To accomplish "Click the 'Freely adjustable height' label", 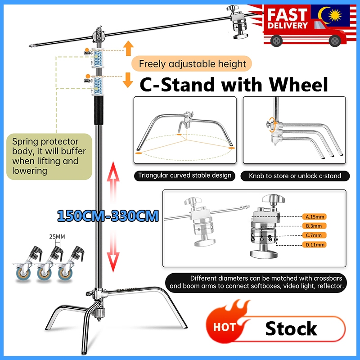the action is point(192,64).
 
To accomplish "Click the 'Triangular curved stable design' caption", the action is point(184,175).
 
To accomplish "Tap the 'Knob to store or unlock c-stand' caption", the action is point(295,175).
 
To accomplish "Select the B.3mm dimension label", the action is point(315,225).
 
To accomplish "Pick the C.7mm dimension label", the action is point(315,235).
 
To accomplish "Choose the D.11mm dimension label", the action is point(315,245).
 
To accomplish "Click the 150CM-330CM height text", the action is point(108,216).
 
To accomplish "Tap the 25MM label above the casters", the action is point(57,236).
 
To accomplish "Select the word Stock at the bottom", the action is point(291,329).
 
